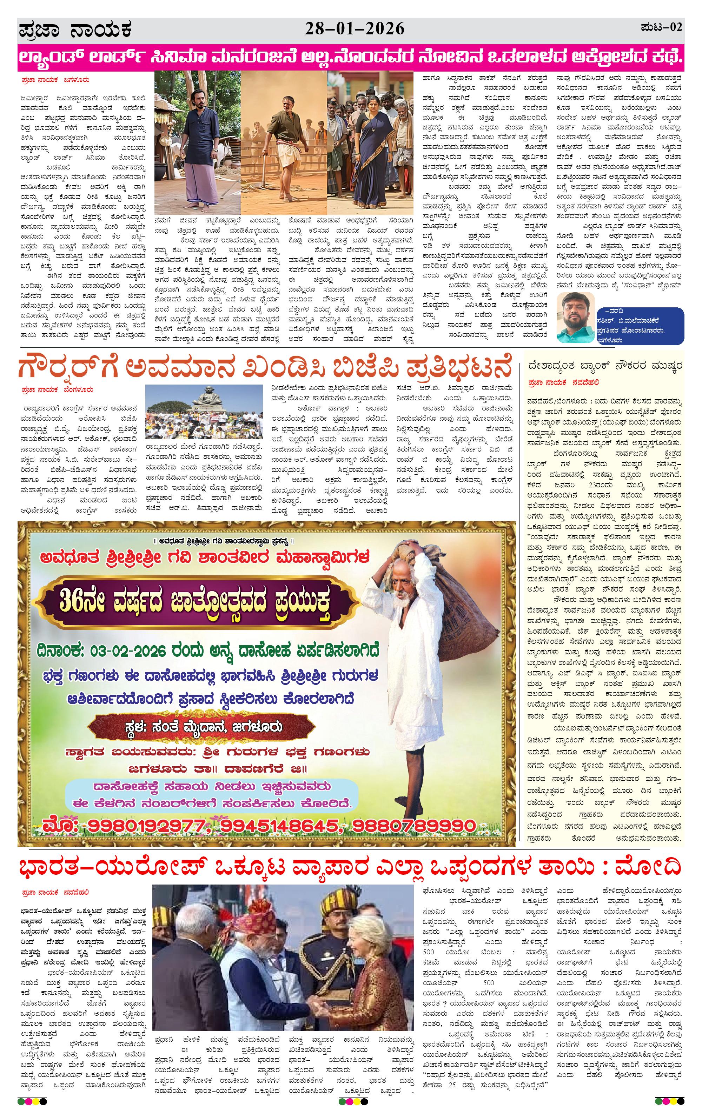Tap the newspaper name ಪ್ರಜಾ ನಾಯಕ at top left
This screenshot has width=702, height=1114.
[75, 31]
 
